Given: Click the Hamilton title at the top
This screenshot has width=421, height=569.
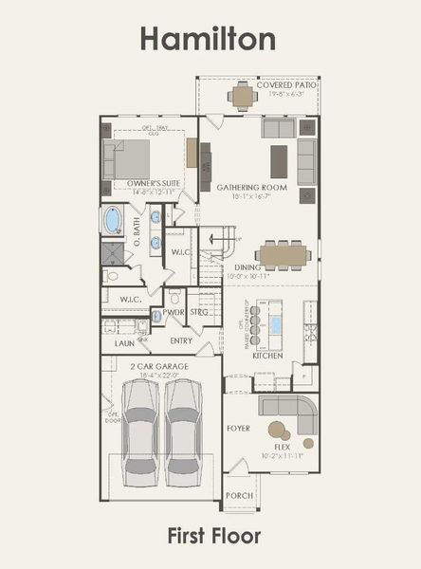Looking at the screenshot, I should pyautogui.click(x=209, y=38).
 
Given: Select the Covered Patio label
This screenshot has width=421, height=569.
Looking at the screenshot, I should pyautogui.click(x=286, y=84).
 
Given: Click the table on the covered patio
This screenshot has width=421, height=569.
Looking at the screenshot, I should pyautogui.click(x=243, y=96).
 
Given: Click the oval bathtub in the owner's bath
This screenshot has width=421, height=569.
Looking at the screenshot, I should pyautogui.click(x=113, y=220).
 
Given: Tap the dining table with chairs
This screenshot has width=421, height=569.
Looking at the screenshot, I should pyautogui.click(x=283, y=253).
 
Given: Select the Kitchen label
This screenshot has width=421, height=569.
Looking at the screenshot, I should pyautogui.click(x=267, y=356).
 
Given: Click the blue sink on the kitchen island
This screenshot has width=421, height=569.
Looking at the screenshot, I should pyautogui.click(x=276, y=324).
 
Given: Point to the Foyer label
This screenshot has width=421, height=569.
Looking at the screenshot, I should pyautogui.click(x=238, y=428).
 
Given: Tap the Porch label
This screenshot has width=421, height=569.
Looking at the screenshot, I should pyautogui.click(x=239, y=495).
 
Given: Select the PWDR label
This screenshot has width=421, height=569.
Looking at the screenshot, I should pyautogui.click(x=173, y=311).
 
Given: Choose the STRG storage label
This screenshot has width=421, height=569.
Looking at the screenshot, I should pyautogui.click(x=199, y=311).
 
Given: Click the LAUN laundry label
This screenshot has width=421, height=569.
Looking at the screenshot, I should pyautogui.click(x=124, y=343).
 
